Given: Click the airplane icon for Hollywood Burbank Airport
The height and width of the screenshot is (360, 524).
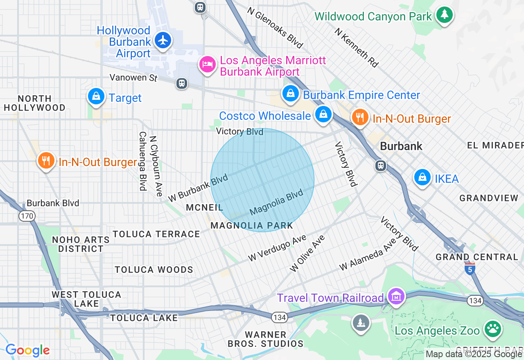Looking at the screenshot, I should click(x=163, y=40).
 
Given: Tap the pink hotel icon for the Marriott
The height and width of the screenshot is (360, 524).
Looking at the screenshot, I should click(x=208, y=64).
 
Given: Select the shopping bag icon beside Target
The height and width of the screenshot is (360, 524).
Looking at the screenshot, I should click(x=96, y=97).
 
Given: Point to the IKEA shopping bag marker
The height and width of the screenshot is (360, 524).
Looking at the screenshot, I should click(x=422, y=177).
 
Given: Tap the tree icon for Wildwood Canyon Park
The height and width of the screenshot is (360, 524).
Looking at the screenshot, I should click(x=444, y=15).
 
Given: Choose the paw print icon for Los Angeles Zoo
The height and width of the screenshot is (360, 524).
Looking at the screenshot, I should click(x=493, y=328).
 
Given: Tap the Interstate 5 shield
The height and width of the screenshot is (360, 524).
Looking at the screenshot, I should click(x=470, y=269).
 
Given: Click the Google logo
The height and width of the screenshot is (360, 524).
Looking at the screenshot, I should click(x=27, y=350).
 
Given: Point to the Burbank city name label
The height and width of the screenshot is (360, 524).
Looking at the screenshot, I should click(x=401, y=146).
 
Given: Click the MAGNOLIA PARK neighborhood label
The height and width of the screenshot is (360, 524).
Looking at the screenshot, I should click(x=252, y=225).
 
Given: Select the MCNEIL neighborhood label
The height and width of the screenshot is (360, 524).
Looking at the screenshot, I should click(x=204, y=207).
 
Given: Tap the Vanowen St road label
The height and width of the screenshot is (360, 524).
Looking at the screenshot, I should click(x=133, y=77).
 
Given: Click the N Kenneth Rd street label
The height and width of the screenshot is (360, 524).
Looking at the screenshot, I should click(x=356, y=47).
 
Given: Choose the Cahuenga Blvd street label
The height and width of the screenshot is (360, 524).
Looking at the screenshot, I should click(x=142, y=161).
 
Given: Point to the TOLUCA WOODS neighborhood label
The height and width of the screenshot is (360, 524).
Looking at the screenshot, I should click(x=154, y=270).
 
